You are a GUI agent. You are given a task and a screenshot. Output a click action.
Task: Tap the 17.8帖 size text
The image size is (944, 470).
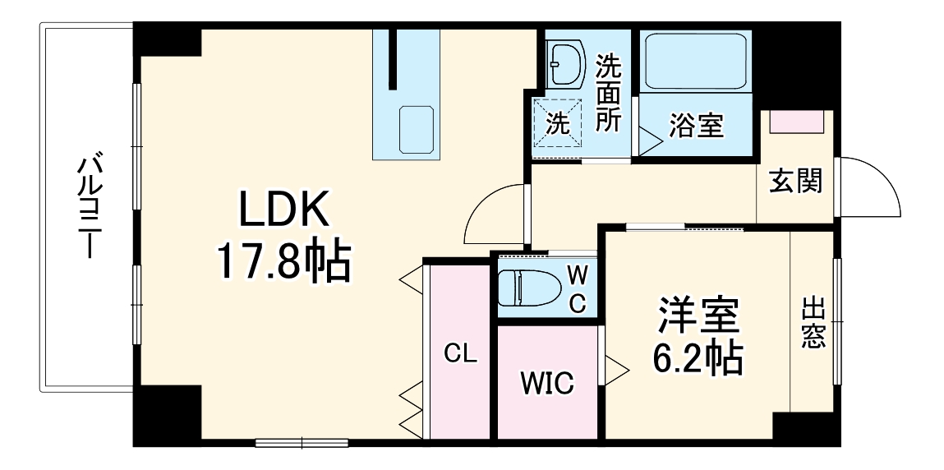click(283, 261)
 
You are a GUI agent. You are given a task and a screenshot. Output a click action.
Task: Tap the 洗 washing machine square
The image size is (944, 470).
click(558, 124)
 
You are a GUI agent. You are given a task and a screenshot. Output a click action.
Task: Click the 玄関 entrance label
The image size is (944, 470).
click(794, 182)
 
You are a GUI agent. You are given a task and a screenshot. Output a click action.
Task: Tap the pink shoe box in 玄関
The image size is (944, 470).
click(797, 122)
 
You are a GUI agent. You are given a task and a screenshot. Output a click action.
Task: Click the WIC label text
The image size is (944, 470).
click(548, 383)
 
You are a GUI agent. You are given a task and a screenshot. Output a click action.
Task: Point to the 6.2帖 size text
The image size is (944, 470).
click(698, 358)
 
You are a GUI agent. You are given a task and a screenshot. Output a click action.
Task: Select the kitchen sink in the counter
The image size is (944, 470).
click(416, 130)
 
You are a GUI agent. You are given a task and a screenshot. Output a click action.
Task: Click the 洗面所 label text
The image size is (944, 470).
click(609, 92)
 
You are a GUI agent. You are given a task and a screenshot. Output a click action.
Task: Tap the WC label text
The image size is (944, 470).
click(578, 288)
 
